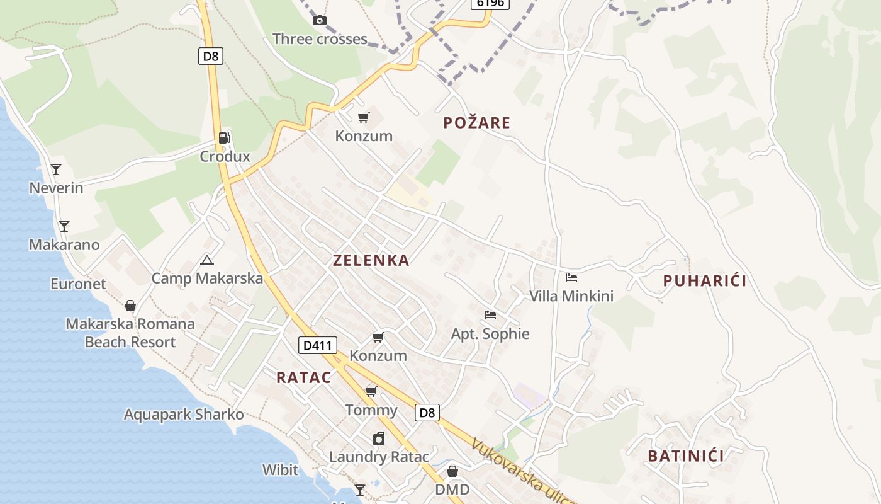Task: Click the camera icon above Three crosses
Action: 320,20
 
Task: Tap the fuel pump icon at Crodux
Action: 224,138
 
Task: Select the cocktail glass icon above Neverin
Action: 56,169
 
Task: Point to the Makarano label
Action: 64,245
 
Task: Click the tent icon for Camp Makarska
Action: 206,260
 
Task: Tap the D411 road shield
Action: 318,345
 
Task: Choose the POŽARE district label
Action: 476,123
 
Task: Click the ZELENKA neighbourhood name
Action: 371,260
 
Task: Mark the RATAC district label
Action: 304,377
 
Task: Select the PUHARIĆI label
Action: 705,281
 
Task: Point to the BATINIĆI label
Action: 686,456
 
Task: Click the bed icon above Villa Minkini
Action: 571,277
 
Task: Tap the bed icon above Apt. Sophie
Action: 490,314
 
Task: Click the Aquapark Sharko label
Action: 184,415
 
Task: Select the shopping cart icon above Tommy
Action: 371,392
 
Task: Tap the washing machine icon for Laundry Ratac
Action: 379,438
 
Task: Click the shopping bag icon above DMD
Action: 452,471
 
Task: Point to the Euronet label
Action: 79,284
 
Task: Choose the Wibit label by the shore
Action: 280,469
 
